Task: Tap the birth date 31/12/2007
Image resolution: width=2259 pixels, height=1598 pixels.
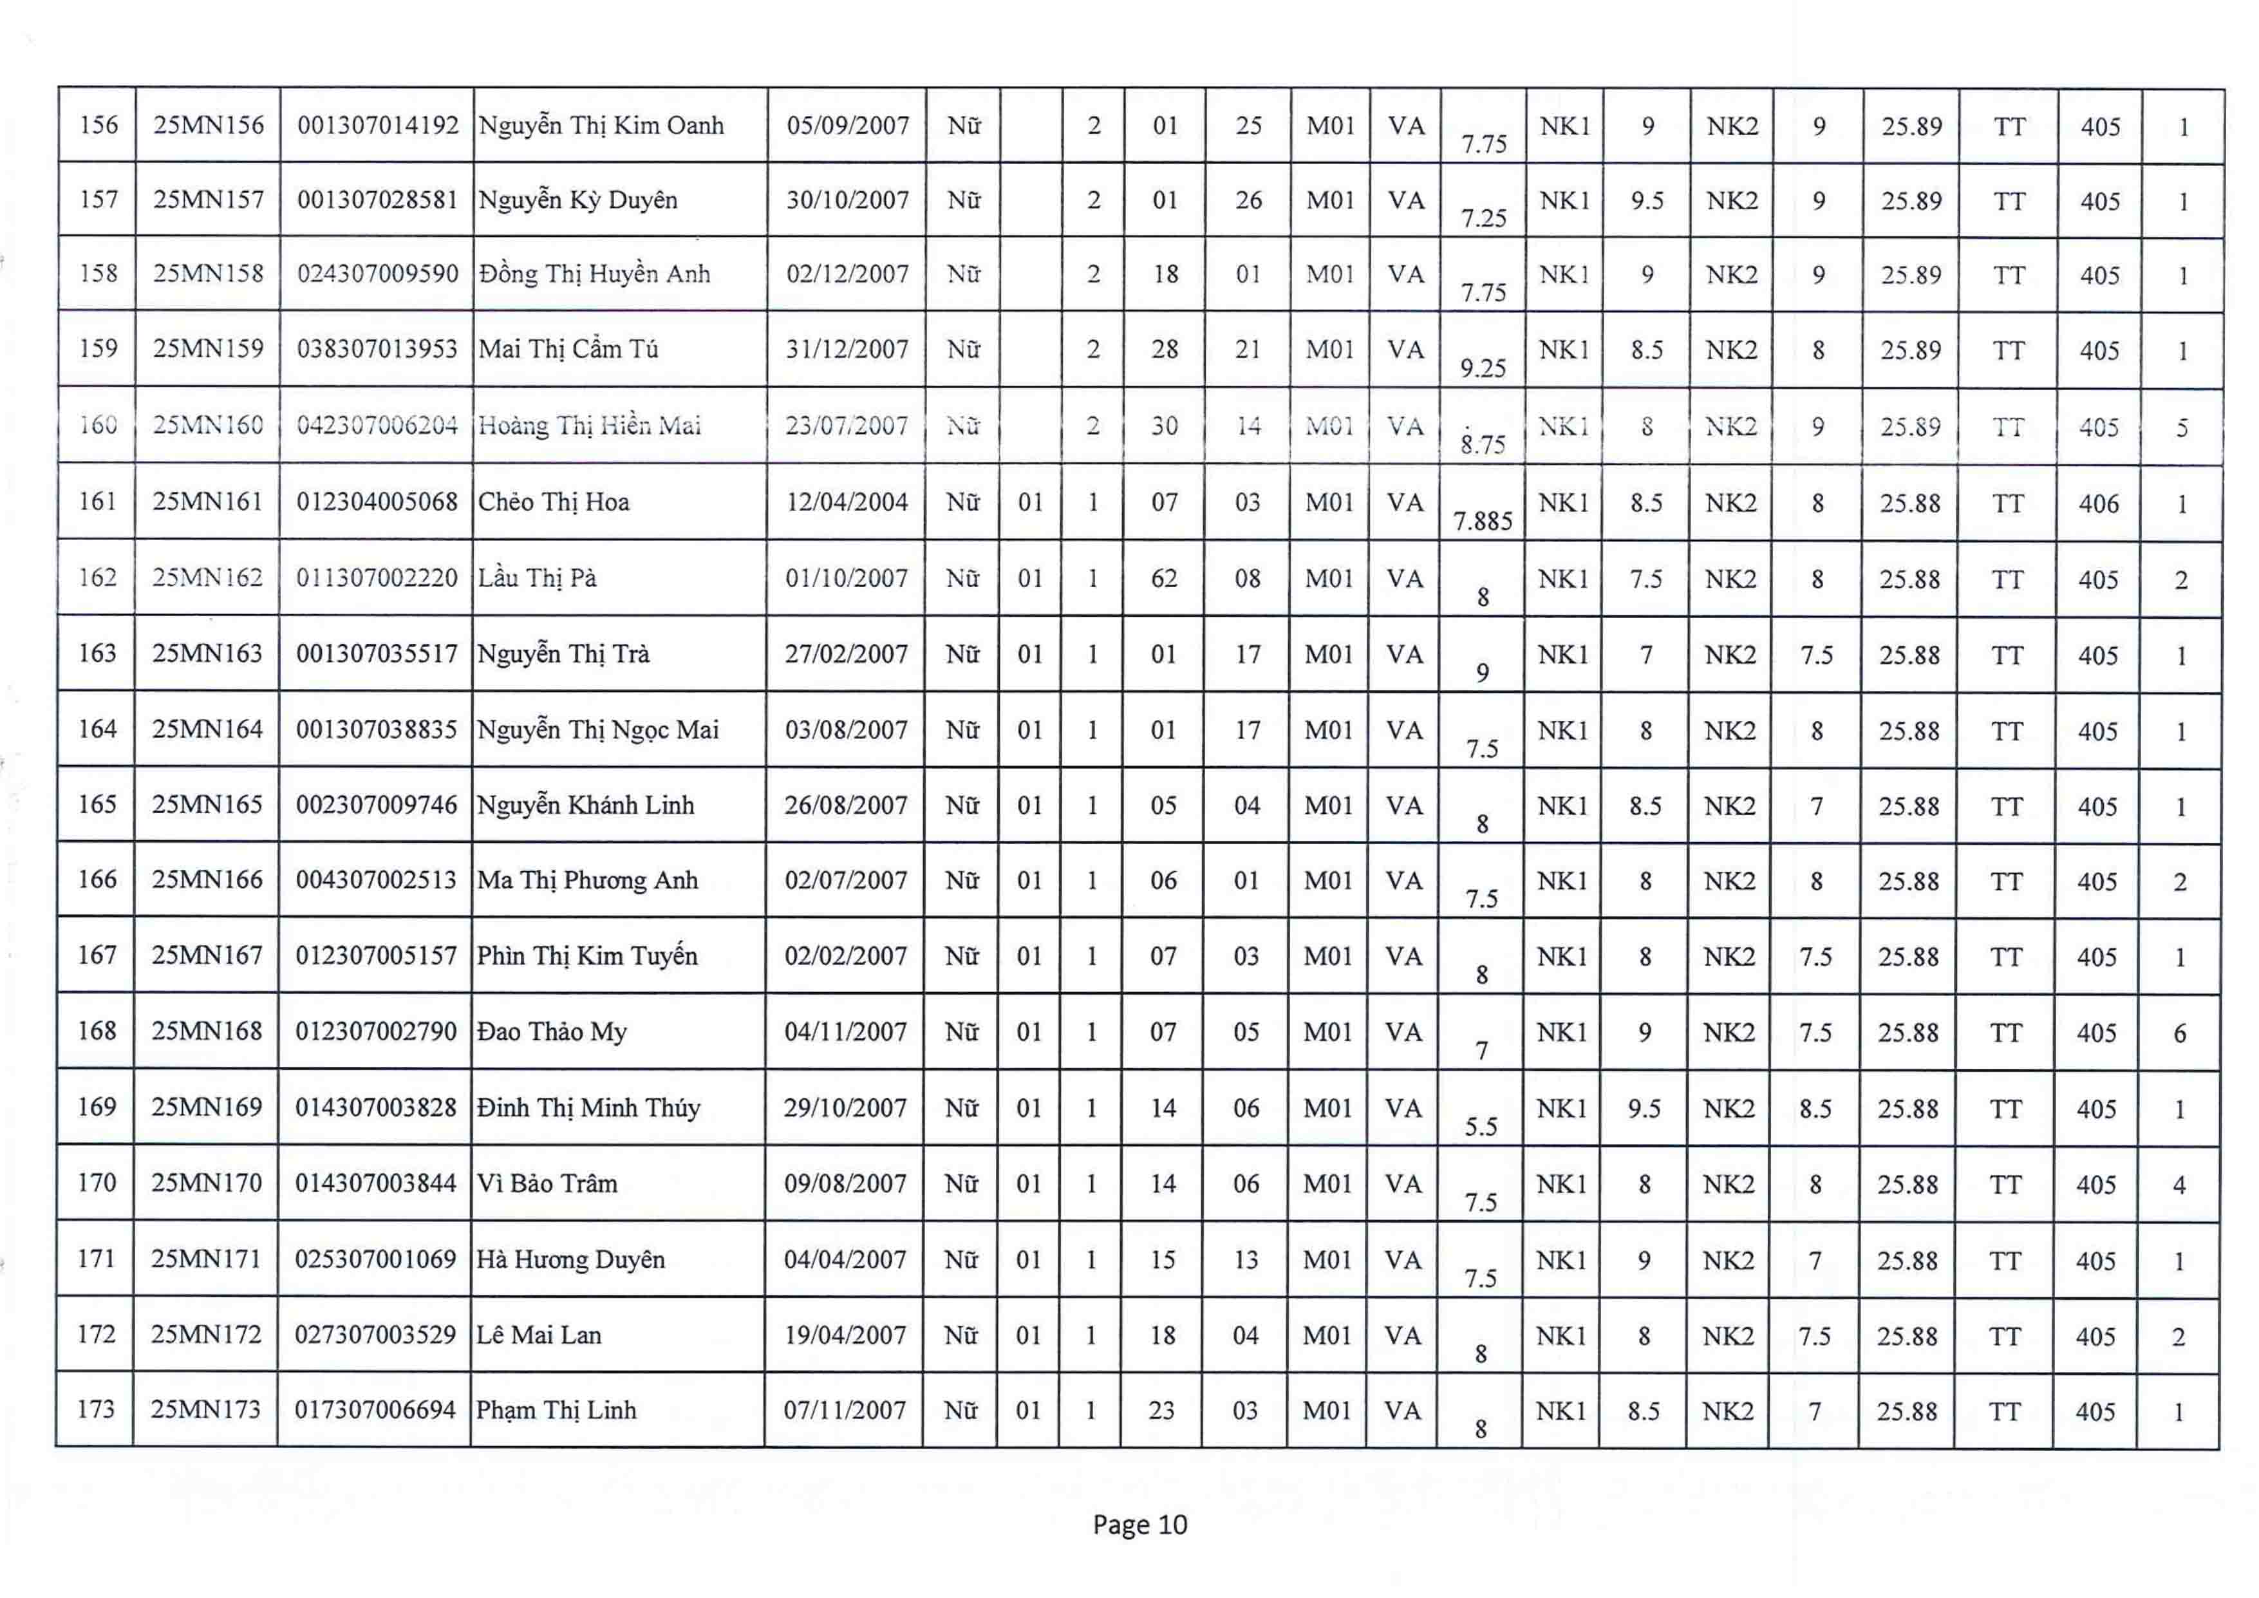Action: (846, 350)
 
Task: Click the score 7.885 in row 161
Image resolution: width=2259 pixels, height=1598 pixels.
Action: (1483, 520)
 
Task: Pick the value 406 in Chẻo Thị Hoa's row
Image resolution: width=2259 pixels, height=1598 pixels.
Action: (2099, 504)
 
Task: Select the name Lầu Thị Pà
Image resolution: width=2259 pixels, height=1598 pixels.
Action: (537, 579)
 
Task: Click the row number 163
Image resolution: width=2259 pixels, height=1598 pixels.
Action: (97, 653)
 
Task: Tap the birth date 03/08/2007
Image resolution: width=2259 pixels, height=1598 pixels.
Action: (845, 730)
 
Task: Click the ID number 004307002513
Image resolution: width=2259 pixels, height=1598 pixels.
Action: (376, 881)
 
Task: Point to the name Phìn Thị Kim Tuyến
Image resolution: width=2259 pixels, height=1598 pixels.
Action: (587, 957)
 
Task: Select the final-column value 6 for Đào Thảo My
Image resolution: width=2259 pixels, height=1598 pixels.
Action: (2179, 1033)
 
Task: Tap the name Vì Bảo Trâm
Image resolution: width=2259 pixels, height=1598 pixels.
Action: (547, 1184)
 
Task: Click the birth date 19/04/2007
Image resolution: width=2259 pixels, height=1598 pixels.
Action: (844, 1335)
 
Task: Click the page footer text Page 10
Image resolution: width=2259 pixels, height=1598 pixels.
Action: (1139, 1525)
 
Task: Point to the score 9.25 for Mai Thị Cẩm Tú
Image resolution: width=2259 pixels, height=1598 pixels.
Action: (1483, 368)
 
